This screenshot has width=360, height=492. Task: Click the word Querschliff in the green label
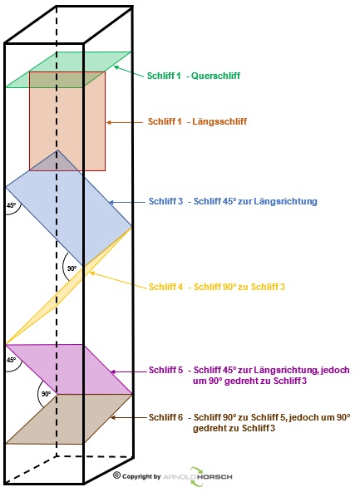point(215,76)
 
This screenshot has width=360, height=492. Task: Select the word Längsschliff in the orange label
point(219,121)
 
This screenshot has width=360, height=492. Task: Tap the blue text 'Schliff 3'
point(165,201)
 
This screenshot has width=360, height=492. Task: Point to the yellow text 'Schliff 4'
point(165,287)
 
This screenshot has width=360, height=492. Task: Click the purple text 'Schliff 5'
point(165,370)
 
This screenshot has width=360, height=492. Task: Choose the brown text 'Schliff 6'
point(165,417)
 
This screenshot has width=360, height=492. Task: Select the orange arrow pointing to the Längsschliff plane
point(124,122)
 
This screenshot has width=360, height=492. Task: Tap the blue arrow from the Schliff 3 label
point(127,203)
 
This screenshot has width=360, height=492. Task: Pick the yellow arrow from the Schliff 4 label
point(118,279)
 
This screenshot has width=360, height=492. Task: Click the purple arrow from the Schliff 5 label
point(129,371)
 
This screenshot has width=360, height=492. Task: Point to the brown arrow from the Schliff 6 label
point(129,418)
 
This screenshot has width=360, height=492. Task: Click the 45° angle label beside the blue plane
point(12,205)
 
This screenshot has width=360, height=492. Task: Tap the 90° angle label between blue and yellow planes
point(72,268)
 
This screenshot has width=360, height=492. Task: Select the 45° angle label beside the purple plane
point(12,360)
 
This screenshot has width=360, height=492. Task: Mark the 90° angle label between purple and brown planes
point(46,394)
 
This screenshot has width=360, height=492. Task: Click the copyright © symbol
point(116,475)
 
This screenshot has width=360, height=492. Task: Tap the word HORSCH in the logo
point(215,477)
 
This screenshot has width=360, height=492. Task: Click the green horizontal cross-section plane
point(68,70)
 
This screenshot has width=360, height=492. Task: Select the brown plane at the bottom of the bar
point(69,419)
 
